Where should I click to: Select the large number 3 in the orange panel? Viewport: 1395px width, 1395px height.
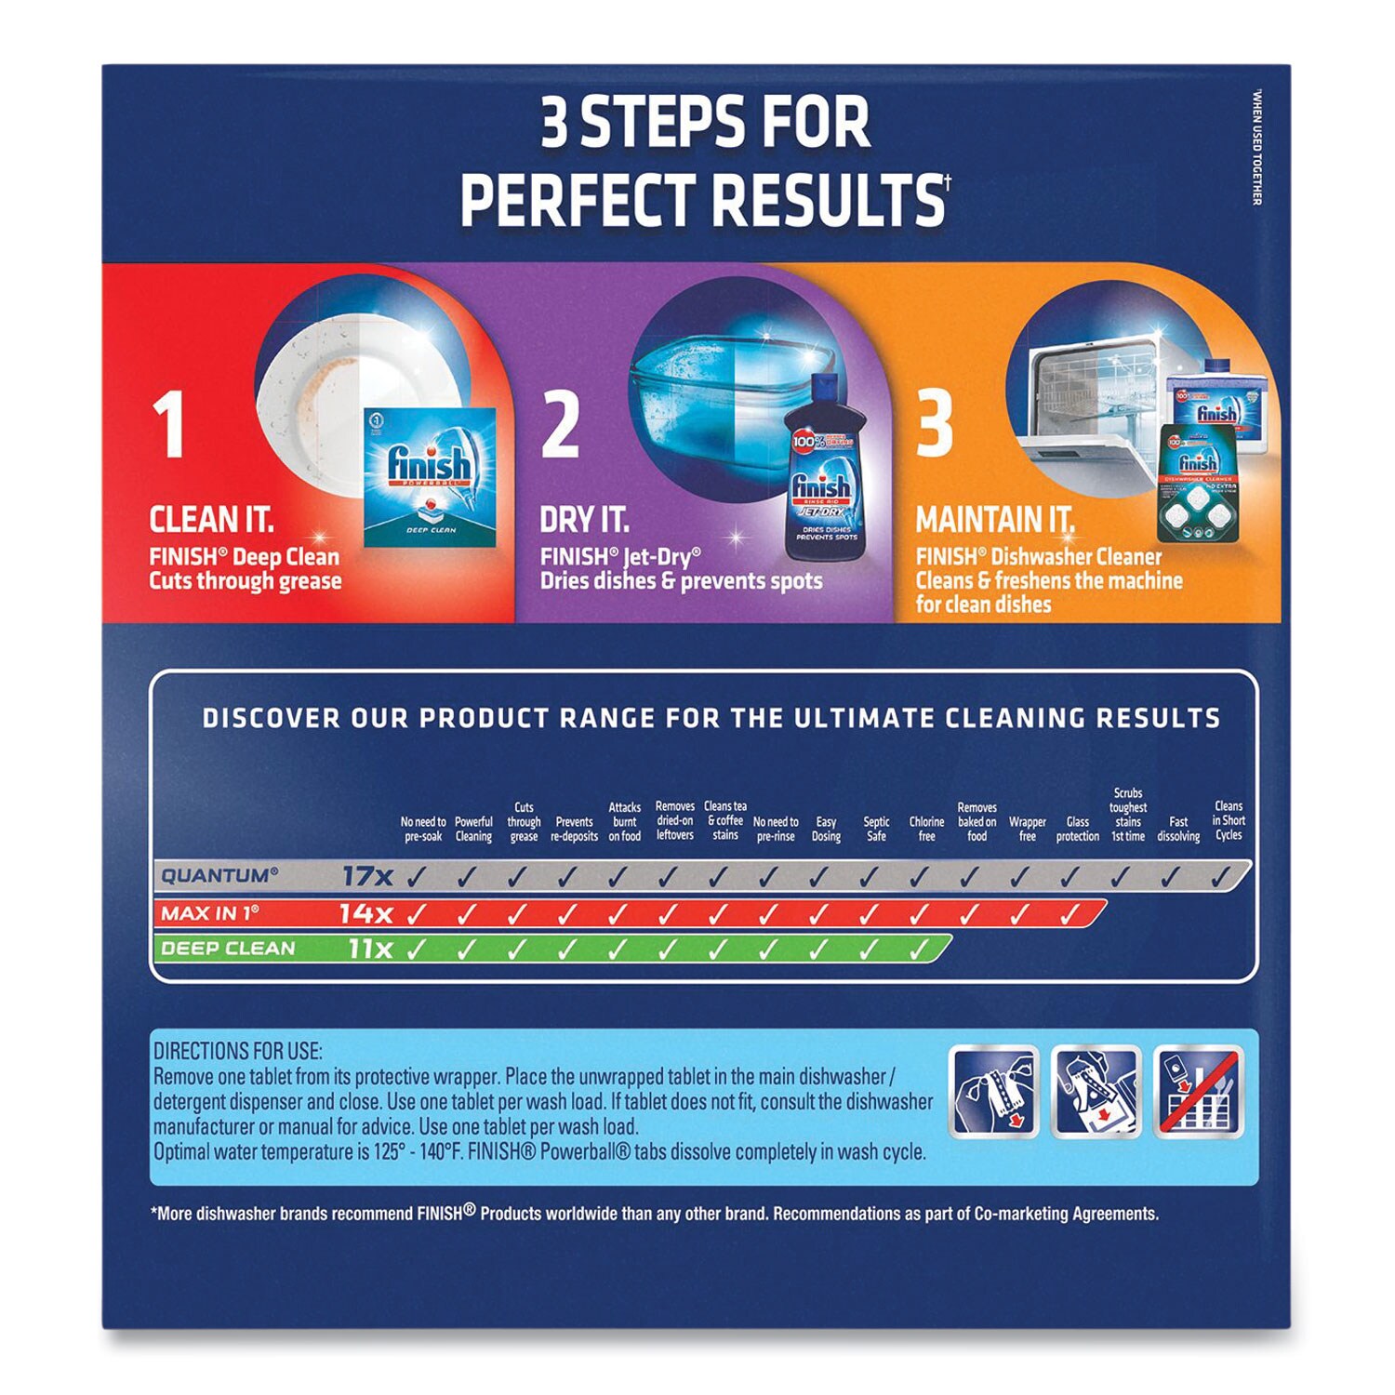(x=935, y=424)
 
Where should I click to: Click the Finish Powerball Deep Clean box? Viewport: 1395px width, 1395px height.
(x=430, y=477)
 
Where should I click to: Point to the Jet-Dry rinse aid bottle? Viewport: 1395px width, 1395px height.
(x=824, y=470)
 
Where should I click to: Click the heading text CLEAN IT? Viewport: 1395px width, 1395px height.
(x=212, y=520)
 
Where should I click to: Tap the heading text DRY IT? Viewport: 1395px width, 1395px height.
(x=584, y=520)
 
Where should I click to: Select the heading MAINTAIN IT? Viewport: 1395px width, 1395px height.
(x=994, y=520)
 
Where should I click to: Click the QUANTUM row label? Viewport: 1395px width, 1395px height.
(x=219, y=876)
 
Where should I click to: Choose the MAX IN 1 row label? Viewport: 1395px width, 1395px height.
(x=209, y=913)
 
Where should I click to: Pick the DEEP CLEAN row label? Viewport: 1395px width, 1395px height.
(x=228, y=949)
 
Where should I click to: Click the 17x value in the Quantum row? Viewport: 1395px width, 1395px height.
(x=367, y=876)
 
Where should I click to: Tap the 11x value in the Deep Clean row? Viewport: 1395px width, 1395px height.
(x=370, y=949)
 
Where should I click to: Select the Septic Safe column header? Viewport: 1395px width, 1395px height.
(x=876, y=829)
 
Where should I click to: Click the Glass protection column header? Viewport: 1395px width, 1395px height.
(x=1078, y=829)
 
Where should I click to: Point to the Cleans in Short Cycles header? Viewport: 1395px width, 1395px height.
(x=1229, y=820)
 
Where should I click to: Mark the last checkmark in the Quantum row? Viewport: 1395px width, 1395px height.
(x=1220, y=875)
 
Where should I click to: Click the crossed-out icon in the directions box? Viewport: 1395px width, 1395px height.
(x=1198, y=1091)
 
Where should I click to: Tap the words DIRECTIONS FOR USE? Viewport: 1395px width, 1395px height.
(x=238, y=1052)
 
